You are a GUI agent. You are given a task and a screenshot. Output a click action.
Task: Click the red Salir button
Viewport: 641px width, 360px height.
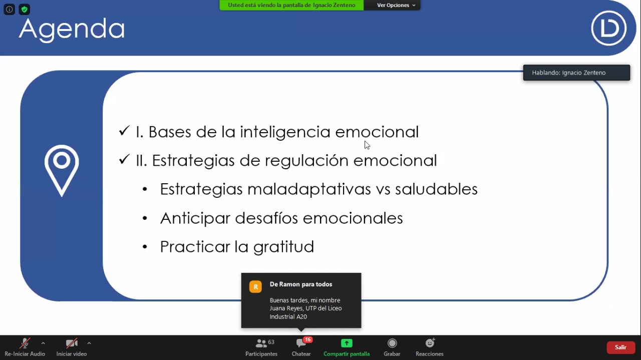[x=620, y=347]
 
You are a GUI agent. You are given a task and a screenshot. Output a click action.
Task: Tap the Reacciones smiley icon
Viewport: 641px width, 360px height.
[x=430, y=343]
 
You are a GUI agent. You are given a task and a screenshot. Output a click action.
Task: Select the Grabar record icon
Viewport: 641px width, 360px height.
[x=392, y=343]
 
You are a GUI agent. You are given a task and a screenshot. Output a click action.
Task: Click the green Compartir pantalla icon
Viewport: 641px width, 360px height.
[x=347, y=343]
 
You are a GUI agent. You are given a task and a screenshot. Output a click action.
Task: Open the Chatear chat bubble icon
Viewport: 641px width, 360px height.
[x=301, y=343]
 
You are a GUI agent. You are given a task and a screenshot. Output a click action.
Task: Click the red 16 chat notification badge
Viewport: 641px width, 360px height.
[x=307, y=339]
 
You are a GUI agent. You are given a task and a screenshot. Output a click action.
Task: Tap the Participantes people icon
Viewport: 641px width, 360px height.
[x=261, y=343]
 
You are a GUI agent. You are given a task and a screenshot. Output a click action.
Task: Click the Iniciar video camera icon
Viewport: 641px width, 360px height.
[x=72, y=343]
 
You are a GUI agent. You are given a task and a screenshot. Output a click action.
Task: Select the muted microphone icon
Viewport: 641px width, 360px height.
[x=25, y=343]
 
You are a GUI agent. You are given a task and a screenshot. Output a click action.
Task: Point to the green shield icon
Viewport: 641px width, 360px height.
[x=25, y=10]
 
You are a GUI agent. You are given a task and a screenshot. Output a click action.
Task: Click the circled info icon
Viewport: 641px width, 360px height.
[x=9, y=10]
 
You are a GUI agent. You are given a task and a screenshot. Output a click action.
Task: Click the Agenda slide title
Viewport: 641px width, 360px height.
[x=72, y=30]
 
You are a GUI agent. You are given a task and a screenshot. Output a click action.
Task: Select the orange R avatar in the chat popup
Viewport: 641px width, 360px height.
[x=255, y=287]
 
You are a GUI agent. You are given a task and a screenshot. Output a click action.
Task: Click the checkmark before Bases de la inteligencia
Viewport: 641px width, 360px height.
[x=124, y=131]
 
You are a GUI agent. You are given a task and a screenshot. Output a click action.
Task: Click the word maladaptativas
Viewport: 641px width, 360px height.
[x=309, y=189]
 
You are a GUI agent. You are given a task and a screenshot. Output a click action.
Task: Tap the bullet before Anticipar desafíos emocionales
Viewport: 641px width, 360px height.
[x=145, y=218]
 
